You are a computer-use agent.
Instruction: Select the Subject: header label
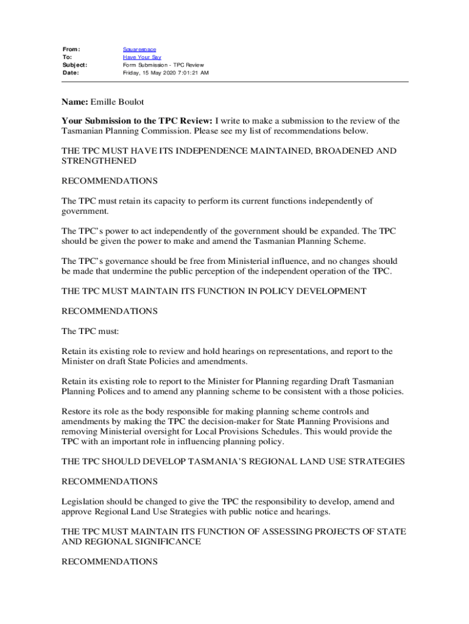(x=75, y=65)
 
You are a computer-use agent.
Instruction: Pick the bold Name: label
(x=76, y=101)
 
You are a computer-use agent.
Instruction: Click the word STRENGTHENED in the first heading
(x=99, y=161)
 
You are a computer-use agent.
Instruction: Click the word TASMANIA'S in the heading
(x=219, y=462)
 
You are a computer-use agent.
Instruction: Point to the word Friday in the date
(x=132, y=73)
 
